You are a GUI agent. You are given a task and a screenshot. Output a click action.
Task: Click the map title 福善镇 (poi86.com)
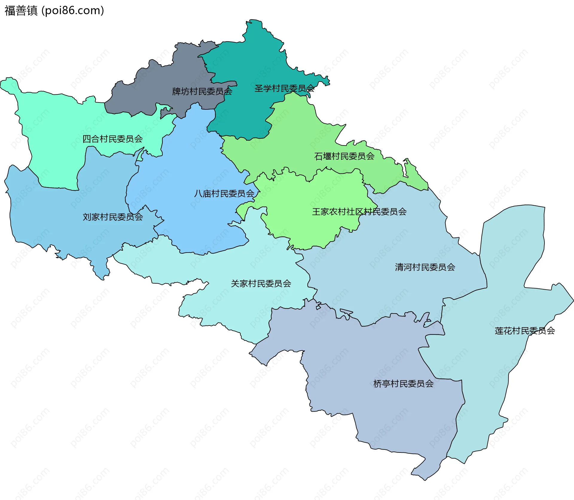click(54, 10)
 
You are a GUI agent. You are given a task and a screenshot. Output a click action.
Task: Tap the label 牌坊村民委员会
click(202, 91)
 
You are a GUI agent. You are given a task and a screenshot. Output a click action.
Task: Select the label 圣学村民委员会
click(284, 88)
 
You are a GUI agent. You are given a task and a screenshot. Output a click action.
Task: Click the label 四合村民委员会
click(112, 139)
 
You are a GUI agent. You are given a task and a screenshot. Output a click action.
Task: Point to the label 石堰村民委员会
click(344, 156)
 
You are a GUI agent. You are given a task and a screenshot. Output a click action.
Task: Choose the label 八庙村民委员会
click(224, 194)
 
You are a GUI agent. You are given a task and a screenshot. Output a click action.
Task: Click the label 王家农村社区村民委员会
click(359, 212)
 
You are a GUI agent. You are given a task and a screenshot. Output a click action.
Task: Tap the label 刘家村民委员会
click(113, 217)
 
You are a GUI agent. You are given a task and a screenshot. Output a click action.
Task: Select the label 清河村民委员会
click(425, 267)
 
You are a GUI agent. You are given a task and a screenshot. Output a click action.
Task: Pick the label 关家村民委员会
click(261, 284)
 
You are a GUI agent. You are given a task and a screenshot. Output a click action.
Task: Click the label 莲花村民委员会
click(525, 331)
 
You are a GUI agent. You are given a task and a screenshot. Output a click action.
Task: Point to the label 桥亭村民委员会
click(403, 384)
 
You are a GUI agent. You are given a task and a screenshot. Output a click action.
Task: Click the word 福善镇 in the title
click(21, 10)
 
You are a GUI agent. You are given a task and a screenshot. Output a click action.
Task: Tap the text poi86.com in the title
click(73, 10)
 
